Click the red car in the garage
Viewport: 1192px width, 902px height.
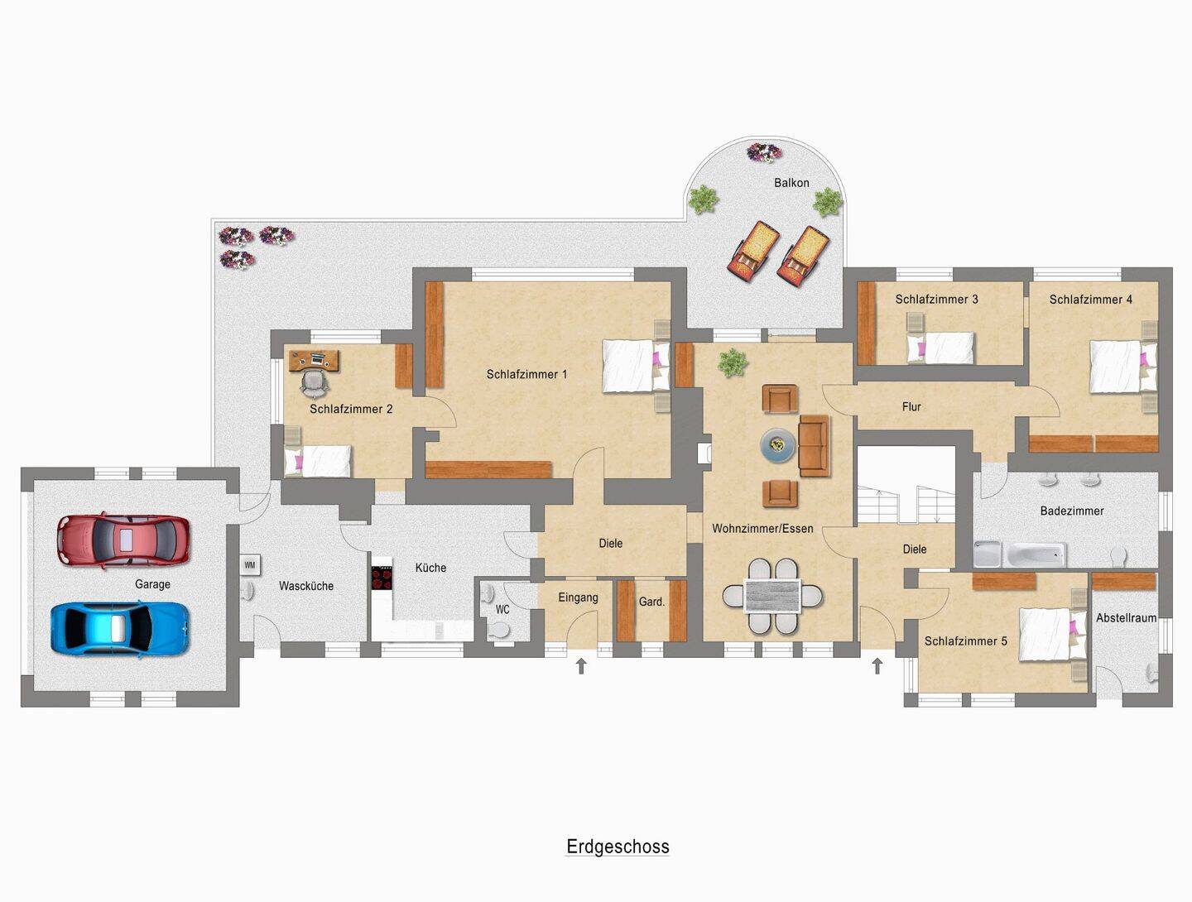(x=124, y=540)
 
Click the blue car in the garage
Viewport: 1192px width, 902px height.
(x=120, y=629)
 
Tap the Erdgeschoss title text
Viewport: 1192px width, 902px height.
(x=618, y=847)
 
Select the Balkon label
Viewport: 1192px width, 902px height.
(x=791, y=183)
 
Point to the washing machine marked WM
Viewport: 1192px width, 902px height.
(x=250, y=565)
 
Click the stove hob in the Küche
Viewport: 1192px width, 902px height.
(x=382, y=578)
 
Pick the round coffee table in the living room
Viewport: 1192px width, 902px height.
(x=778, y=445)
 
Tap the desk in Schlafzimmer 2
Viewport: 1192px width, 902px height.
(x=315, y=360)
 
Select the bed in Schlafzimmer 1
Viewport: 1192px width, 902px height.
(x=636, y=366)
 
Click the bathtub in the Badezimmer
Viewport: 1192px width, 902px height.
(x=1036, y=554)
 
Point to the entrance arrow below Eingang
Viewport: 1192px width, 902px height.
(x=581, y=666)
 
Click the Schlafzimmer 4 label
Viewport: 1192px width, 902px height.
(x=1090, y=299)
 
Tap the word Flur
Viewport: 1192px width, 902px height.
(x=911, y=406)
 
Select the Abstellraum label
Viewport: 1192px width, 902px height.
(x=1126, y=617)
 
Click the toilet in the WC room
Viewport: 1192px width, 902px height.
(x=498, y=630)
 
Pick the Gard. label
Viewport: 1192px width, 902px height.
(x=651, y=602)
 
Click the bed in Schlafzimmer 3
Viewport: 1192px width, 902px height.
(x=940, y=348)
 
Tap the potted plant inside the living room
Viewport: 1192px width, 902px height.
(x=733, y=362)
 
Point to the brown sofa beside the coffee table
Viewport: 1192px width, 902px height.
(x=814, y=445)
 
